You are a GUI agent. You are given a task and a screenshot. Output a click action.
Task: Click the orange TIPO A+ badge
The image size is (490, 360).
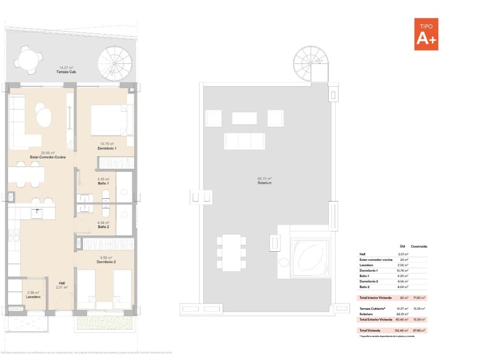click(426, 33)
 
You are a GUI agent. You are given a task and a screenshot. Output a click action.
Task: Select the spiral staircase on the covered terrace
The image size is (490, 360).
click(113, 63)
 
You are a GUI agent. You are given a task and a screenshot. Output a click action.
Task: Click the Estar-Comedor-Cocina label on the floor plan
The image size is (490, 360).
click(48, 157)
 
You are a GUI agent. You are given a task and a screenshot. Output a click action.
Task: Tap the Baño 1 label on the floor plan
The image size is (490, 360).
click(104, 183)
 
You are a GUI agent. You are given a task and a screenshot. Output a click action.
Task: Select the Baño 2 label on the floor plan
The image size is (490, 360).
click(104, 226)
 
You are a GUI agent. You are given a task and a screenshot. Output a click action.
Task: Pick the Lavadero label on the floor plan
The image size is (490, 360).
click(33, 297)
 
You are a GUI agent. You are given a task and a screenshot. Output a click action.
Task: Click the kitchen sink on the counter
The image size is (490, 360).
click(36, 211)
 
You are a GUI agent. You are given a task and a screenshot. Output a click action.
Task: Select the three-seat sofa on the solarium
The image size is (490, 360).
click(244, 140)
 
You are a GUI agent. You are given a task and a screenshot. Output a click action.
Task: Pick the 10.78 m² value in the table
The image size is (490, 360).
click(402, 270)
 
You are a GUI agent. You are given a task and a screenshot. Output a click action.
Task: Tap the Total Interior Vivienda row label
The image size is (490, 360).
click(375, 298)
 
